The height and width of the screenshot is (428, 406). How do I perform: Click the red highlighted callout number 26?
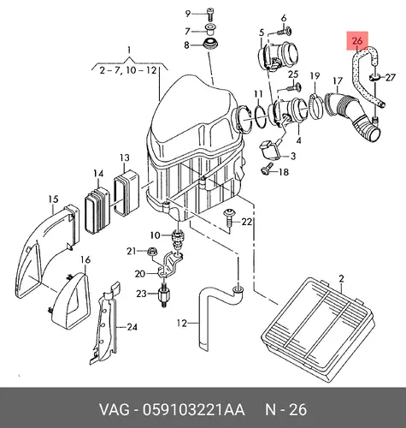[357, 41]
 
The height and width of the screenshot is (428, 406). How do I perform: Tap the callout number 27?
[391, 77]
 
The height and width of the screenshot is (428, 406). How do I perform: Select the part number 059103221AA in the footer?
[193, 410]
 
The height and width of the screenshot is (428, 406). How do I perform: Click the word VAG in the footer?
[114, 410]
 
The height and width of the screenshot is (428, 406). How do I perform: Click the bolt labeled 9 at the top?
[210, 14]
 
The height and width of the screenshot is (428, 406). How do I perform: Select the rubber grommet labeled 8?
[211, 45]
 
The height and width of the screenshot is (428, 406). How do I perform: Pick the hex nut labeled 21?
[150, 252]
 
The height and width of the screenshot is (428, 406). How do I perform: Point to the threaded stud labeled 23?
[163, 297]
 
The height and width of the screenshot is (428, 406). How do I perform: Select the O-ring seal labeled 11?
[259, 116]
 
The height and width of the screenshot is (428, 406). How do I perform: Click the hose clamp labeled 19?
[315, 106]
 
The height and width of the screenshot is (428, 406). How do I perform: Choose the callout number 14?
[98, 174]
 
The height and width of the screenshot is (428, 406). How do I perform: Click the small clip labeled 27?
[374, 77]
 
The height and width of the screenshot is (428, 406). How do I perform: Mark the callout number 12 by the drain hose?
[181, 324]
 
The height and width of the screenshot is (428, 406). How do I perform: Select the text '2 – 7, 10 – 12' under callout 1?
[128, 70]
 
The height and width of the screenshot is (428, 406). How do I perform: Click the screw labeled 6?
[284, 31]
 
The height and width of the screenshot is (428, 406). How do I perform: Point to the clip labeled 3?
[268, 151]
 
